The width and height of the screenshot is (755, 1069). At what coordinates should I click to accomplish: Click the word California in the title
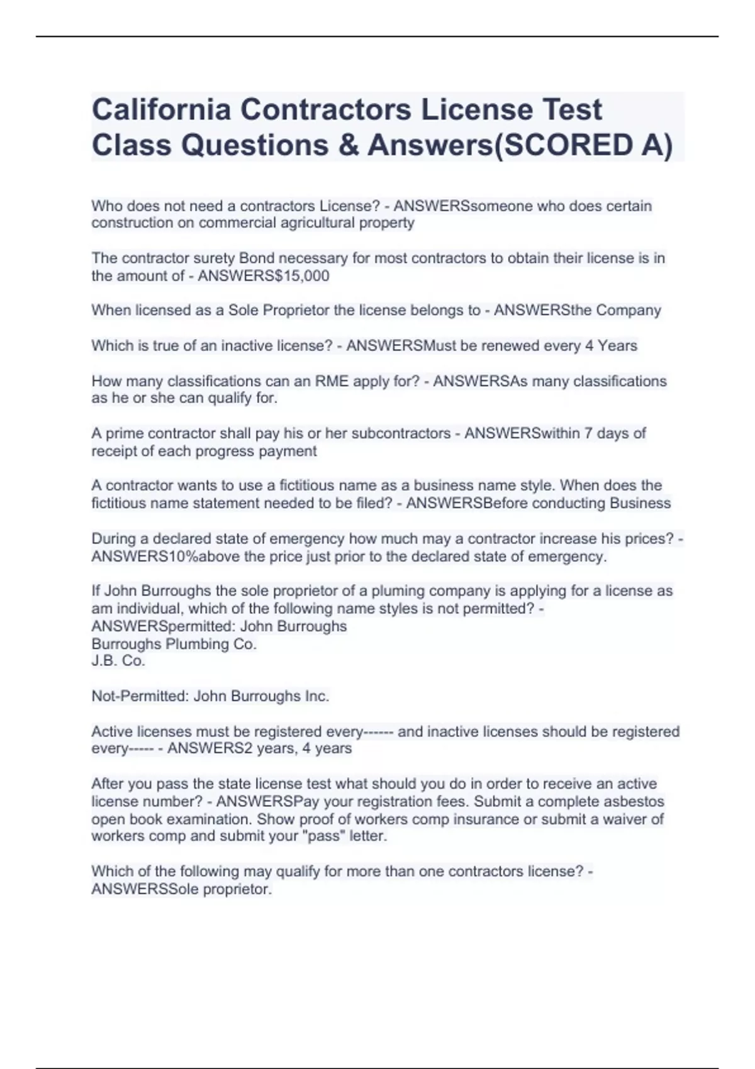[x=160, y=109]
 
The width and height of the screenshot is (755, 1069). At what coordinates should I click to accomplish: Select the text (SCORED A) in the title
[x=583, y=145]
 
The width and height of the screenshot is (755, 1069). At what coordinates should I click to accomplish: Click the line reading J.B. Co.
[x=118, y=661]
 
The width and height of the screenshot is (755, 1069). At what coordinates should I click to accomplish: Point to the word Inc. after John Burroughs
[x=316, y=696]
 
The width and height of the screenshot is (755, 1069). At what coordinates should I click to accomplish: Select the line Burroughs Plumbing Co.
[x=174, y=644]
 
